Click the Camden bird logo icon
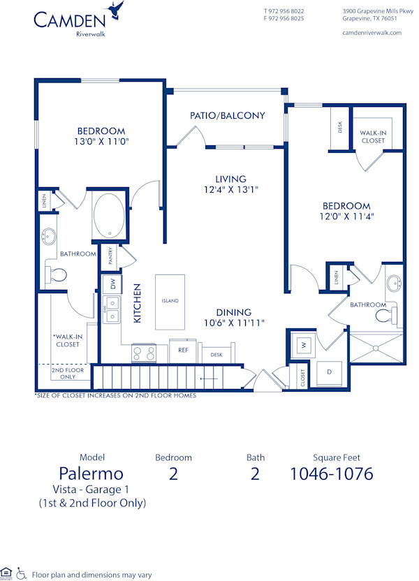click(117, 9)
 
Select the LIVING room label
click(230, 179)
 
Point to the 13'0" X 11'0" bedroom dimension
click(101, 141)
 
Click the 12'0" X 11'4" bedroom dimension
click(346, 216)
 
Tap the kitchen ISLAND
click(170, 301)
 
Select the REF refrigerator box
click(183, 351)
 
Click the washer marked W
click(304, 344)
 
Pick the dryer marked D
click(328, 372)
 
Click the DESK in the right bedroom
click(340, 127)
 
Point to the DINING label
click(234, 312)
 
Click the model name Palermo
click(91, 474)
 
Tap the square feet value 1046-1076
click(332, 474)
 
